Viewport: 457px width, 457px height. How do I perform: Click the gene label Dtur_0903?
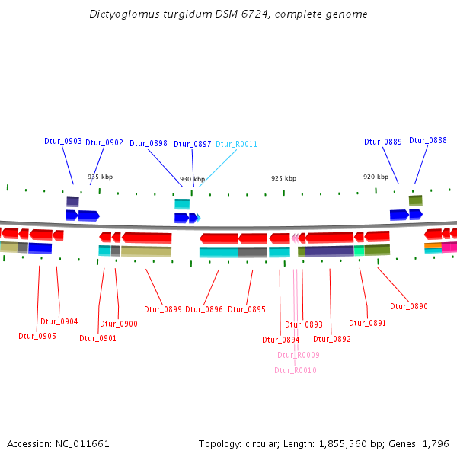63,141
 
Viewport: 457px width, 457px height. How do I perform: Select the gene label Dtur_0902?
104,142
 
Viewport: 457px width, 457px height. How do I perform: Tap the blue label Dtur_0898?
149,143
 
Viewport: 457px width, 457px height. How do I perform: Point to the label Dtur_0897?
193,144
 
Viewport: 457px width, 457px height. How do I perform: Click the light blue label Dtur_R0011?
236,144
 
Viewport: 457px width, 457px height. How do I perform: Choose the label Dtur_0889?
383,142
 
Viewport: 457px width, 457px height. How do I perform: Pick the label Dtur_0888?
428,140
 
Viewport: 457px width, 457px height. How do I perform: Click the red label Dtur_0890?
409,306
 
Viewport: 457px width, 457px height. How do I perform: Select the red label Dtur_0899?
163,309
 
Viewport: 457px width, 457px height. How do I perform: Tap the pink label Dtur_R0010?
296,370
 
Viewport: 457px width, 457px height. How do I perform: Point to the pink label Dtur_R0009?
299,355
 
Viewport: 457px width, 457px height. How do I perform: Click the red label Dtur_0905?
37,336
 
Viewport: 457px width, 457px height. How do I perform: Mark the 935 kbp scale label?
100,177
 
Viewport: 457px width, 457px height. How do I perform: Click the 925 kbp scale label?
284,178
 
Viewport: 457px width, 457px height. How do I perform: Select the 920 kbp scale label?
376,177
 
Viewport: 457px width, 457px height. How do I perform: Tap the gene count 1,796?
436,443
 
